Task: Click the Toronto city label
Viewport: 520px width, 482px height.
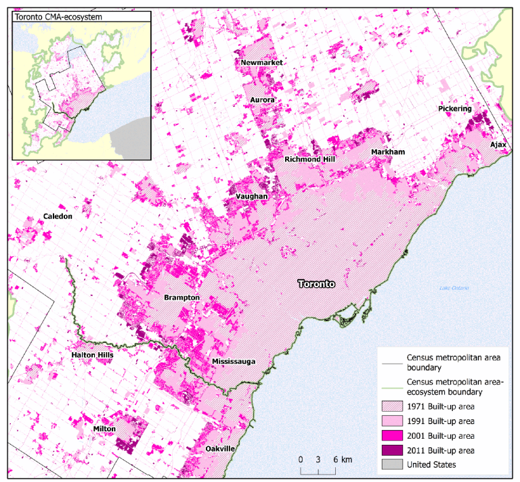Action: coord(317,285)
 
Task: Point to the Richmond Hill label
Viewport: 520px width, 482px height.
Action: coord(309,160)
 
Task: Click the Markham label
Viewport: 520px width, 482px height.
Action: coord(387,152)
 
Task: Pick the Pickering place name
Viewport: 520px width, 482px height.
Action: coord(454,108)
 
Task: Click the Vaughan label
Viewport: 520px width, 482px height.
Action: coord(253,196)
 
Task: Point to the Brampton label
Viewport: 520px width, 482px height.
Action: coord(181,297)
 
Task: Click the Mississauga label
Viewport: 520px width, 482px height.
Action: coord(234,362)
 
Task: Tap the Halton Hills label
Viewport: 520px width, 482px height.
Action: coord(91,355)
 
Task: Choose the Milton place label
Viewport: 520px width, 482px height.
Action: coord(105,429)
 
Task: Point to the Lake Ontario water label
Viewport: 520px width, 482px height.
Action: coord(454,289)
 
